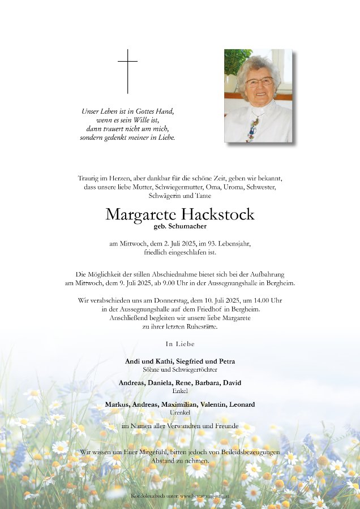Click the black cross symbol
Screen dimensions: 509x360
128,71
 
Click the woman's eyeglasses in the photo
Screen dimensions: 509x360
259,81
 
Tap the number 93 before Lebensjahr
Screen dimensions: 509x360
208,244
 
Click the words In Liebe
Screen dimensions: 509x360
180,344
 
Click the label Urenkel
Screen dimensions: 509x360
180,412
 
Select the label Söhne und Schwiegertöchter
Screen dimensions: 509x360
180,369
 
